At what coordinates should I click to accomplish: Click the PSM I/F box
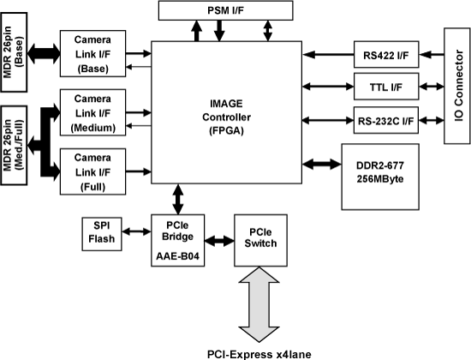[x=225, y=10]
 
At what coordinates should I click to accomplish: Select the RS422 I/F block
[x=386, y=55]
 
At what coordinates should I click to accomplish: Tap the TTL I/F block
[x=386, y=87]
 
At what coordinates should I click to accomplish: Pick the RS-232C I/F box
[x=386, y=120]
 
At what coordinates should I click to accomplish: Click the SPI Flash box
[x=102, y=234]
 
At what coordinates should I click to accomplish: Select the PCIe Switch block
[x=260, y=240]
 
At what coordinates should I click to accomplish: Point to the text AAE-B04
[x=177, y=256]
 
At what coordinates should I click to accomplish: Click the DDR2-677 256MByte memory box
[x=380, y=177]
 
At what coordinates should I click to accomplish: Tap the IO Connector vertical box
[x=457, y=86]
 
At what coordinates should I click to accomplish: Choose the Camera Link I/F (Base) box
[x=92, y=53]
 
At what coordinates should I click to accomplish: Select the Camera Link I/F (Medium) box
[x=92, y=112]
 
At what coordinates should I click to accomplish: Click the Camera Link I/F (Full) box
[x=92, y=171]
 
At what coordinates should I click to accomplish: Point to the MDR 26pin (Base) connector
[x=14, y=52]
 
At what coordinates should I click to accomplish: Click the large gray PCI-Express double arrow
[x=259, y=304]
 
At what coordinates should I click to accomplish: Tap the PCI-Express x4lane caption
[x=259, y=354]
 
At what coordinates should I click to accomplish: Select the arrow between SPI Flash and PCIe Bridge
[x=136, y=231]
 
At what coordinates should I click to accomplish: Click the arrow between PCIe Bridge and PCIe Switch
[x=219, y=241]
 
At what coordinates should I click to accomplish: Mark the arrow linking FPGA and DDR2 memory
[x=322, y=165]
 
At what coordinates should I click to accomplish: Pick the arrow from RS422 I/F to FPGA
[x=328, y=55]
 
